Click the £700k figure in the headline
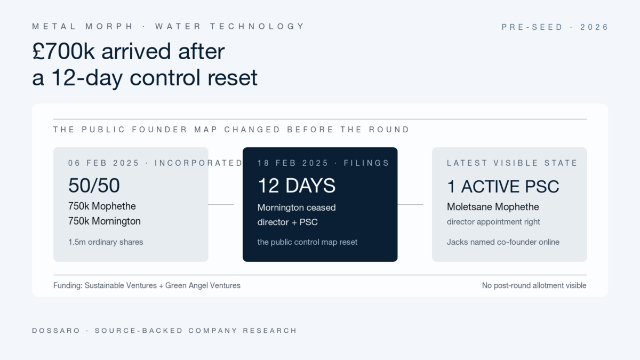63,51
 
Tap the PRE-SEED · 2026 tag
555,27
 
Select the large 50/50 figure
94,186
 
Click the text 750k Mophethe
102,206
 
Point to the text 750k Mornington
105,221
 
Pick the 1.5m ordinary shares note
106,242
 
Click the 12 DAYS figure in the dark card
297,186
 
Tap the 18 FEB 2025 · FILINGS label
323,163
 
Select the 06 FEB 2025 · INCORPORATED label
155,163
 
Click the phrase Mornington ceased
297,207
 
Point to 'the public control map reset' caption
307,242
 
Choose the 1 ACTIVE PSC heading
503,187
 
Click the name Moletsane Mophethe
493,207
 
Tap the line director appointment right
493,222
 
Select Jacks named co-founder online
503,242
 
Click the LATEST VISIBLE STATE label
512,163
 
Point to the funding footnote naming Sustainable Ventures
147,285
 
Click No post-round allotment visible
534,285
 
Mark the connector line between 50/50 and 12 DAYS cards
221,205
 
